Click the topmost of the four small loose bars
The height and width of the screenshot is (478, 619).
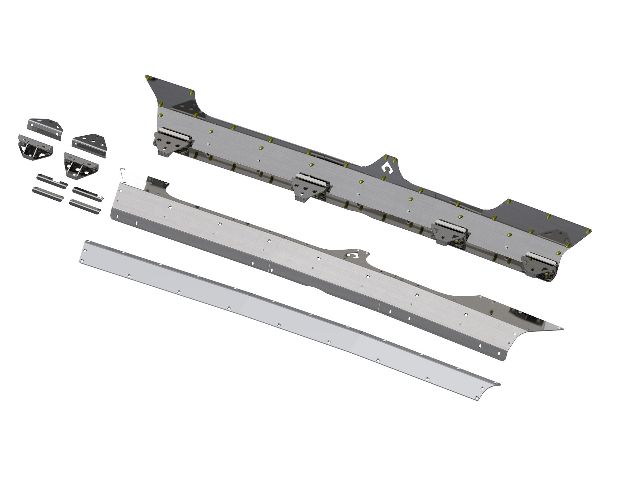click(52, 179)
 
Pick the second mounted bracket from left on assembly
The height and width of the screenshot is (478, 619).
click(311, 186)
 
